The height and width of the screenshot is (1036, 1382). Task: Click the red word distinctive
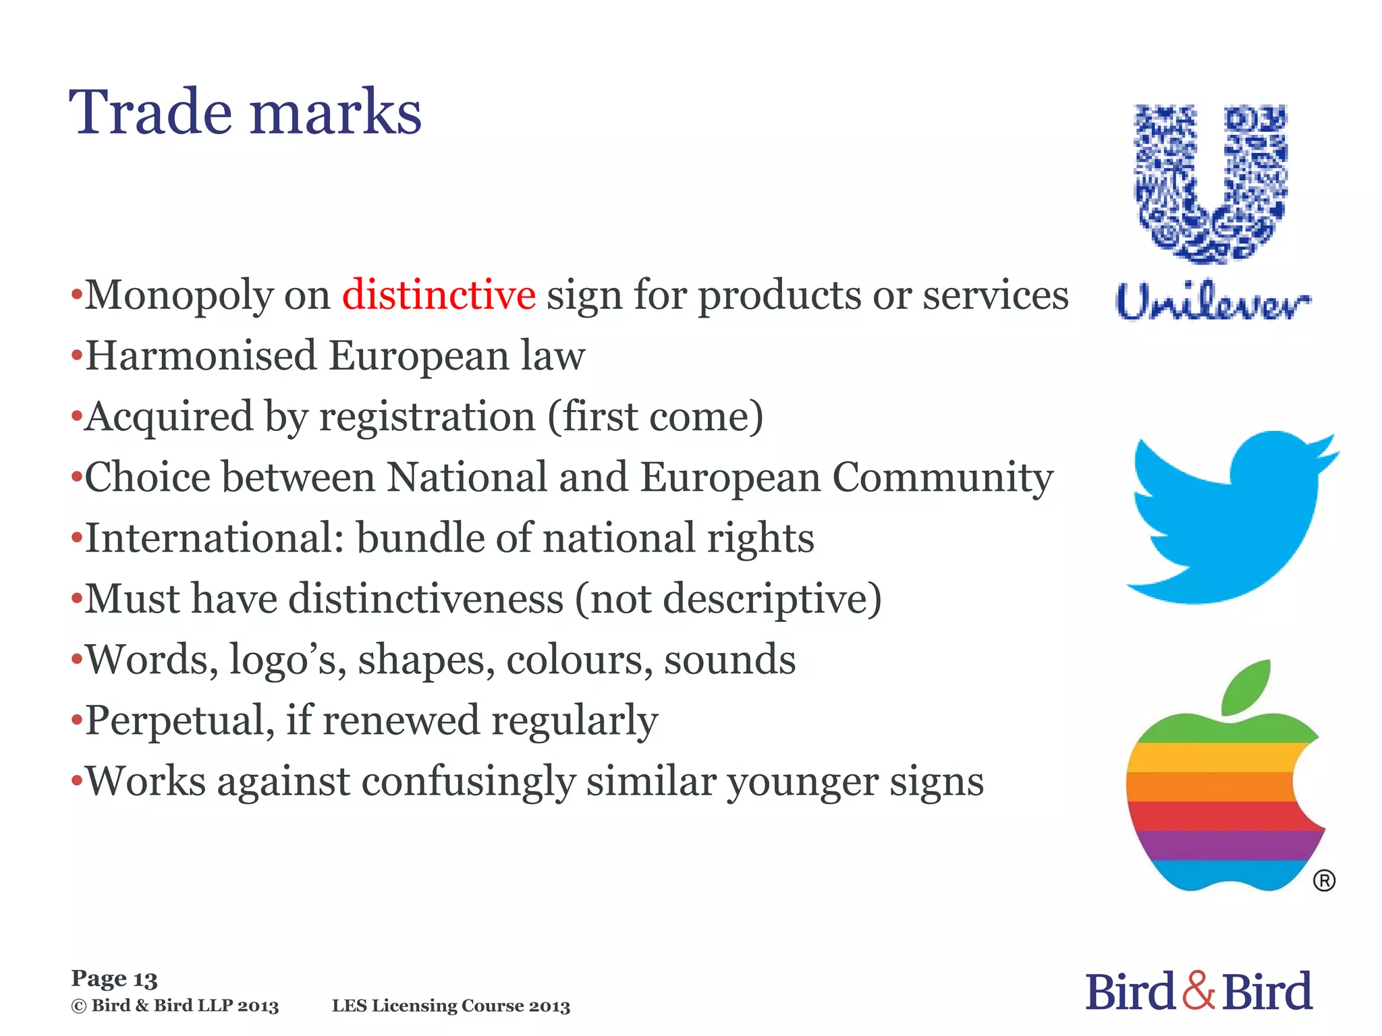tap(439, 295)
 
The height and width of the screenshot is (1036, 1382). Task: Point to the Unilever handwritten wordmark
tap(1212, 301)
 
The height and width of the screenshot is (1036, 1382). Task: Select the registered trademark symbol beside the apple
tap(1324, 881)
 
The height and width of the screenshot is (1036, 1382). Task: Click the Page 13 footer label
tap(114, 979)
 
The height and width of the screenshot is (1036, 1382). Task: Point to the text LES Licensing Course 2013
tap(451, 1006)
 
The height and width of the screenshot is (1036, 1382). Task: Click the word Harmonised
tap(201, 355)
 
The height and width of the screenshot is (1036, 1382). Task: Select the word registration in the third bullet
tap(427, 416)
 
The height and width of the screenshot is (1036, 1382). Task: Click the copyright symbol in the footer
tap(79, 1006)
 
